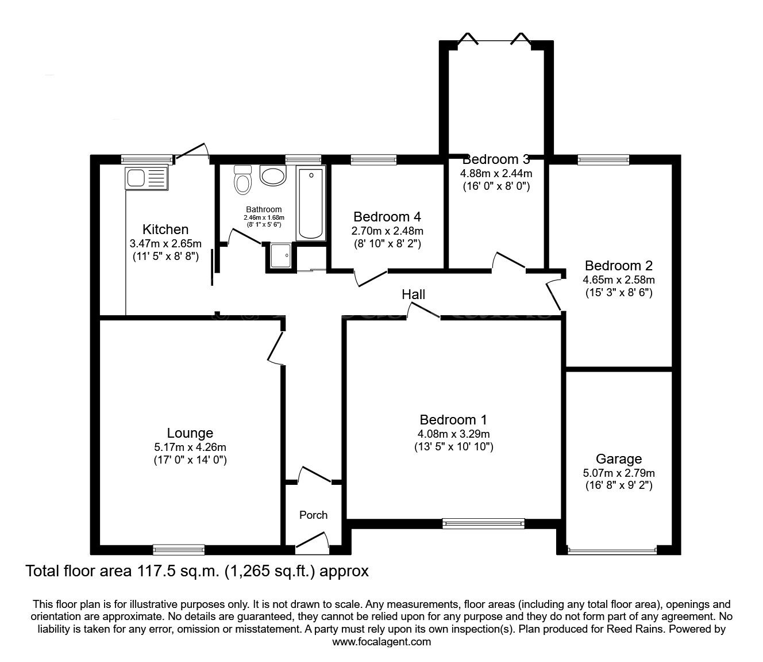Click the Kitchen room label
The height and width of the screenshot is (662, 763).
pos(165,229)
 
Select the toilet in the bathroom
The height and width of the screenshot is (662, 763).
pos(243,181)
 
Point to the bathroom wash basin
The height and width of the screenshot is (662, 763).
pos(272,175)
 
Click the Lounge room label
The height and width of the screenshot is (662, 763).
pos(190,433)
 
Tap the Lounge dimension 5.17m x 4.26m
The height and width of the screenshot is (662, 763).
pos(190,447)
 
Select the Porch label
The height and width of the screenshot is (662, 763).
pos(313,515)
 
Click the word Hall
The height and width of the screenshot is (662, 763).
pos(413,294)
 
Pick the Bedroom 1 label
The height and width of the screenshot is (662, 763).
pos(453,420)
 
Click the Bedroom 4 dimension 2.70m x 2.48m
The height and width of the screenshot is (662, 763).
pos(387,231)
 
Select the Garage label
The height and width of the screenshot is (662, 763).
pos(618,459)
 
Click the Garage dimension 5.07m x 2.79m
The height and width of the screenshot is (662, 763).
pos(618,473)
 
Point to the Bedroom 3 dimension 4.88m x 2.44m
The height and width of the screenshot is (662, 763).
pos(496,173)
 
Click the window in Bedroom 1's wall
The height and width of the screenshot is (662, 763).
pos(483,523)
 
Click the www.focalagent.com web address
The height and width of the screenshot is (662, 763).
pos(381,641)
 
